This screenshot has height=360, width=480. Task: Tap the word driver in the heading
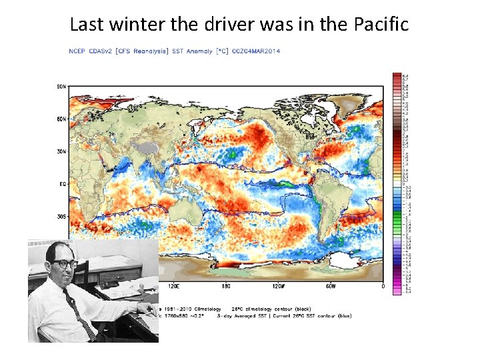point(231,25)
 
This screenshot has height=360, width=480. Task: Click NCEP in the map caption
point(78,51)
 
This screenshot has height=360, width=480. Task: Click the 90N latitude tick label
point(61,87)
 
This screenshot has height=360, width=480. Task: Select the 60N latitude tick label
point(61,119)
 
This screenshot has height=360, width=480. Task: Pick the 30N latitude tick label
point(61,151)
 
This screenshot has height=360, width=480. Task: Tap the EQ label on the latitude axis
point(61,184)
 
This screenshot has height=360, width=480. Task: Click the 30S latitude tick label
point(61,216)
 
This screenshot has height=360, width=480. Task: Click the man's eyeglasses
point(65,264)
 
